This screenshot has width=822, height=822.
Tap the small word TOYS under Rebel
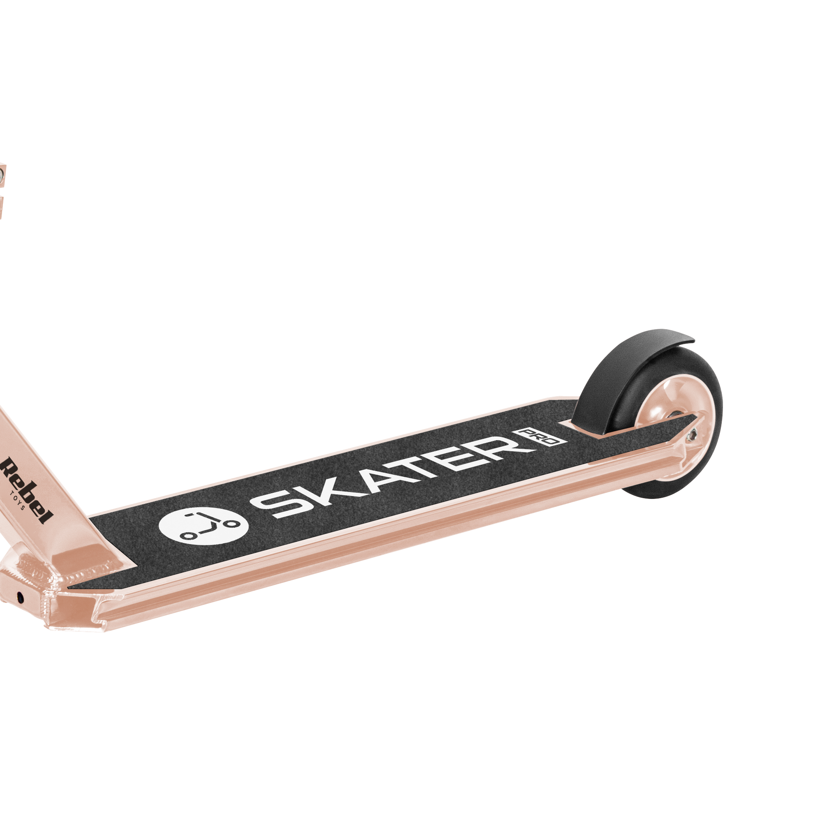(19, 500)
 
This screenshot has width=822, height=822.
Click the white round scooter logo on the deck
(203, 526)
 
